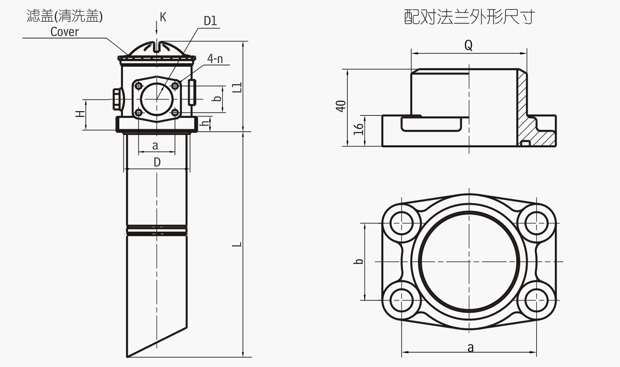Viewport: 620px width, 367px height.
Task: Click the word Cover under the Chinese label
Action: (x=65, y=32)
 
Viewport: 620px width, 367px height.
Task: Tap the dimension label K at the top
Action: (x=163, y=17)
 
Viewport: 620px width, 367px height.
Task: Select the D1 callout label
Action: (x=210, y=21)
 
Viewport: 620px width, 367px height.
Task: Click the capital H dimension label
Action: (x=81, y=114)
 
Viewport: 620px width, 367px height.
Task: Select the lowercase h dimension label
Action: (x=205, y=124)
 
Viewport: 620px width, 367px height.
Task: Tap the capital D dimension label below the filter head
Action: (x=157, y=162)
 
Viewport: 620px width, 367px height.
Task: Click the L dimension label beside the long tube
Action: (x=237, y=243)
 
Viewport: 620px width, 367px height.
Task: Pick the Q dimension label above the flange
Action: (x=468, y=45)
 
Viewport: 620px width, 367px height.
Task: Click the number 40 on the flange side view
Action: (x=340, y=106)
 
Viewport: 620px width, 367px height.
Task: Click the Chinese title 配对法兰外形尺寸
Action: (x=468, y=18)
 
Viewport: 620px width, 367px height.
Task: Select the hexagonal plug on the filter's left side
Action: (x=116, y=99)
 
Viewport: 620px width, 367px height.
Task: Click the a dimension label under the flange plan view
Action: (x=470, y=348)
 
